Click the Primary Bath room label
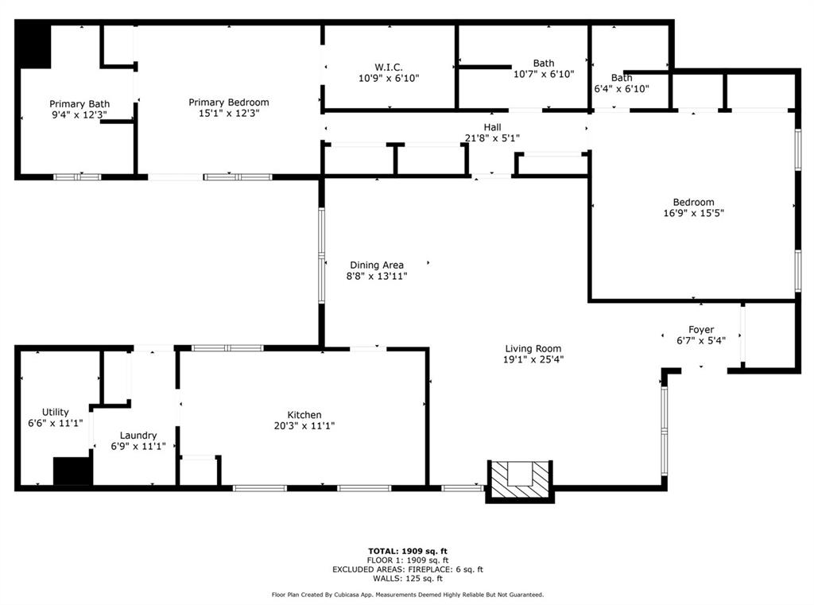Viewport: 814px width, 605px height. [x=79, y=104]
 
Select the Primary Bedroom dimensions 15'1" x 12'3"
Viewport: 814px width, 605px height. [x=228, y=113]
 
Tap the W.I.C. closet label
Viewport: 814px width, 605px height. [x=389, y=68]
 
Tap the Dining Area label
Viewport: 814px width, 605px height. [x=377, y=266]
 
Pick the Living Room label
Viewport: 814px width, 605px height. [x=533, y=348]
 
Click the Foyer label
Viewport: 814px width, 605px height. [x=700, y=330]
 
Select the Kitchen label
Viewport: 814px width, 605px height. [x=304, y=415]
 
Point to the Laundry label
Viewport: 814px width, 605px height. [x=138, y=436]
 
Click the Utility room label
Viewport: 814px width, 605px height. [x=55, y=413]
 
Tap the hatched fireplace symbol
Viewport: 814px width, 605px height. [x=519, y=480]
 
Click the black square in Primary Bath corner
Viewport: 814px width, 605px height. [x=34, y=46]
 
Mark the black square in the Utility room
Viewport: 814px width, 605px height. [x=72, y=471]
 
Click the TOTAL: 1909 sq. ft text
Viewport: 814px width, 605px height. [x=407, y=551]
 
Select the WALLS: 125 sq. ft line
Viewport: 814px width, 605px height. [x=407, y=579]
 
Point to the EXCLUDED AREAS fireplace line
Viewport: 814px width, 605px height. [x=407, y=569]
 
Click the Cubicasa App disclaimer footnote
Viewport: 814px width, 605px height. [x=407, y=595]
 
